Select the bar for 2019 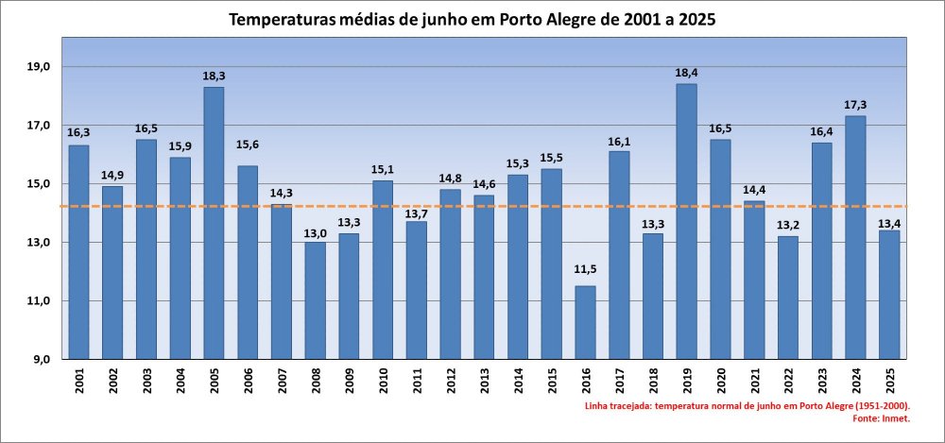click(x=686, y=222)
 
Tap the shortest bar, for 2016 click(x=585, y=322)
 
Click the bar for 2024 click(x=855, y=237)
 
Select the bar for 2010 click(x=383, y=269)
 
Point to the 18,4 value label click(x=686, y=72)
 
